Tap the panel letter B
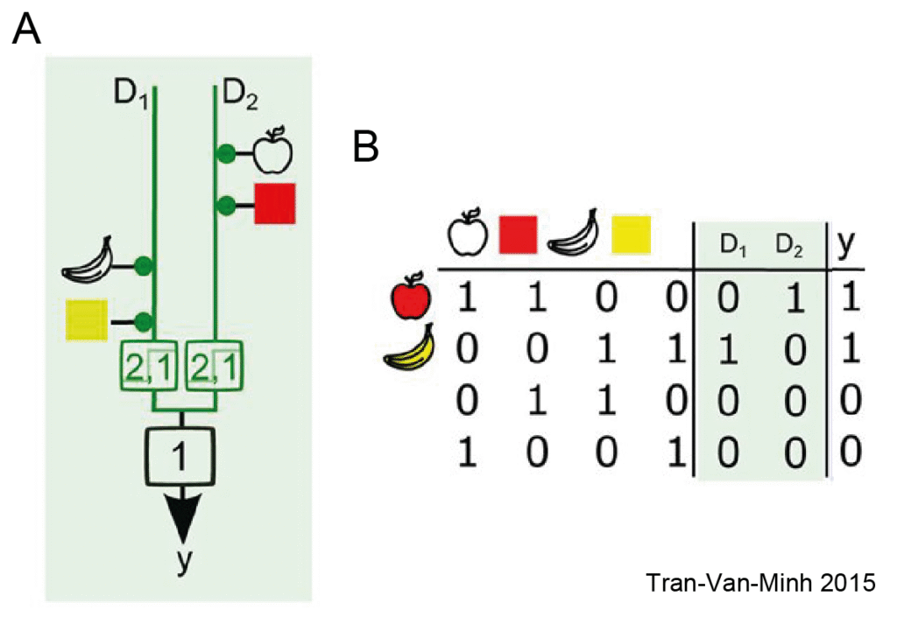[365, 147]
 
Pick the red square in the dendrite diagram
[275, 205]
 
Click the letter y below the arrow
[182, 562]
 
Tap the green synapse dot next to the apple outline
[226, 155]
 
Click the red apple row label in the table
[410, 297]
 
